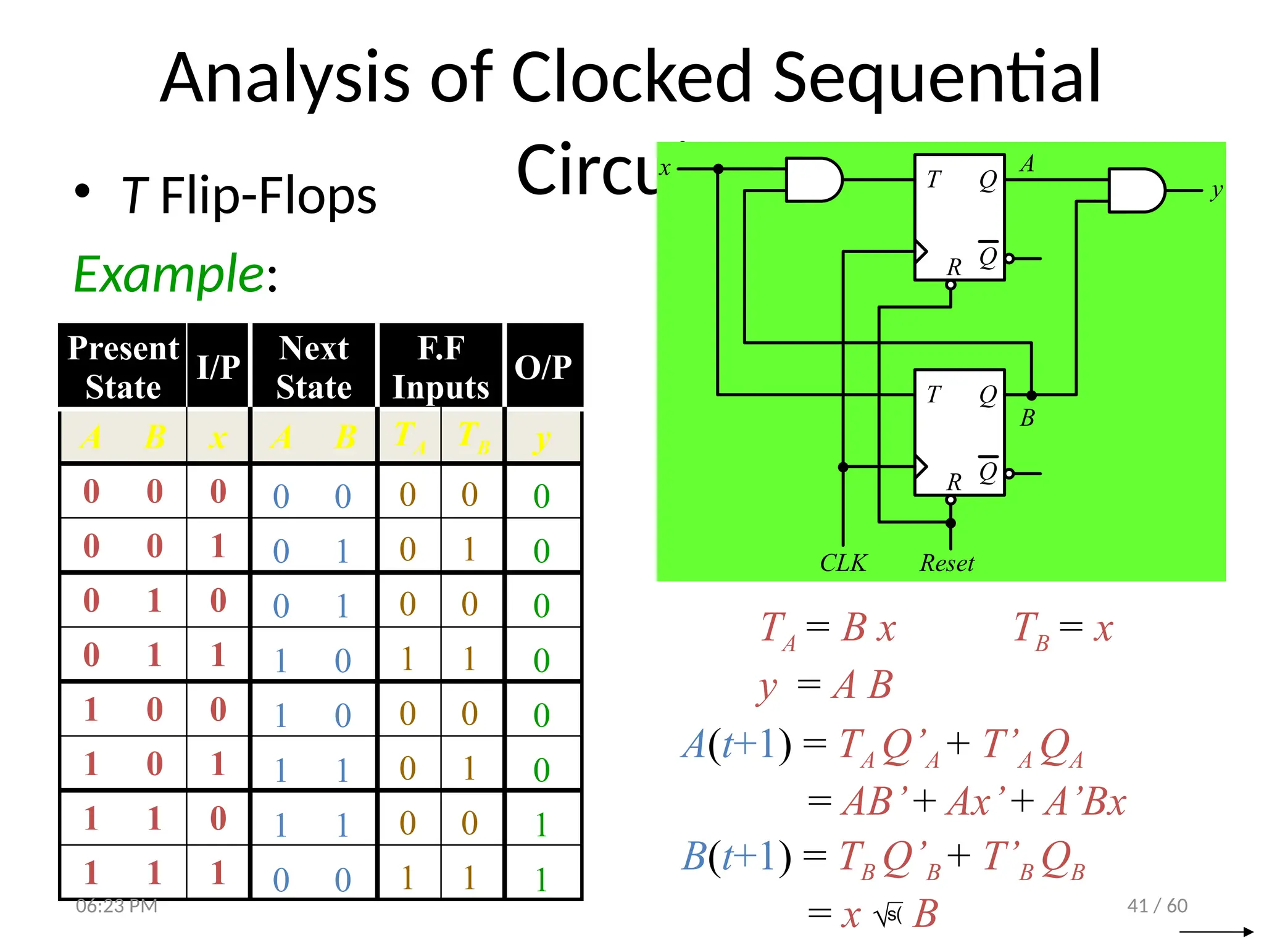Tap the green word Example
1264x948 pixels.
[x=169, y=274]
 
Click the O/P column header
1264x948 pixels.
[x=543, y=367]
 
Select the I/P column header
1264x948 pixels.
[x=218, y=367]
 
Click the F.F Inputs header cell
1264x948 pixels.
[x=441, y=367]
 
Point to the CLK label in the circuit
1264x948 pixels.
[x=843, y=563]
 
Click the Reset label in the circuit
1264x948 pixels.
[x=947, y=563]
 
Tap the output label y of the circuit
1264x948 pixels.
[x=1216, y=190]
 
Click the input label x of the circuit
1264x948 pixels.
[x=665, y=168]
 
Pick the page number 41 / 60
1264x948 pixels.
[x=1157, y=905]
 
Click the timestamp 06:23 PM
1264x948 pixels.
[x=117, y=905]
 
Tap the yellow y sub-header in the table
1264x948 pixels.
[x=542, y=439]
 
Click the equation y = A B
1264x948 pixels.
[x=825, y=686]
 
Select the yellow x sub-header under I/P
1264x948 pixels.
[x=218, y=438]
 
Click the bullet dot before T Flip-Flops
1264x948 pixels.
[x=82, y=191]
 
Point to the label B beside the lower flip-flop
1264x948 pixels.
[x=1027, y=418]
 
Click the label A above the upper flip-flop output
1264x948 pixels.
[x=1027, y=164]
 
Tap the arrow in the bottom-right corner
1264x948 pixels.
[x=1216, y=932]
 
